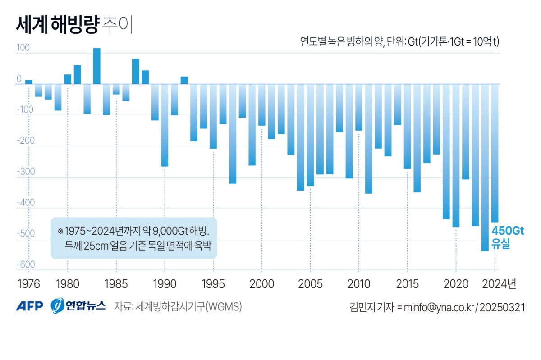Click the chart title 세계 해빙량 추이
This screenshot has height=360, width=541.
[x=74, y=26]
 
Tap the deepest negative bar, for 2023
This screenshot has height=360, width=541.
[x=485, y=167]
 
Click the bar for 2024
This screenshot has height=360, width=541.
[x=495, y=153]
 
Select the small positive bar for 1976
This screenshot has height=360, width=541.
[x=29, y=82]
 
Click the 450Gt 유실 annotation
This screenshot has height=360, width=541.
[x=507, y=238]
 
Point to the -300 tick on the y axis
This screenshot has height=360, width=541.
[x=25, y=172]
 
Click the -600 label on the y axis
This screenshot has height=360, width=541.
[x=25, y=264]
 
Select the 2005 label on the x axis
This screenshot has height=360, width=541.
[x=310, y=284]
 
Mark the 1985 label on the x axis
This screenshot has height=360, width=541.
[x=116, y=284]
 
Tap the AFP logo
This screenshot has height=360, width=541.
[x=29, y=306]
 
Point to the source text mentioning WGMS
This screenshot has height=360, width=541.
[x=178, y=307]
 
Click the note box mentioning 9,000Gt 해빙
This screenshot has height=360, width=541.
[x=134, y=238]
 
